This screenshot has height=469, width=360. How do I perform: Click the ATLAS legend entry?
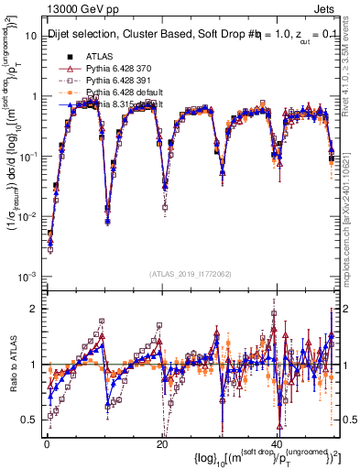(x=99, y=57)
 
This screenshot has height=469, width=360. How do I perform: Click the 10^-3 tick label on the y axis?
(x=28, y=276)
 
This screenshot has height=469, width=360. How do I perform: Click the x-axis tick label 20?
(x=161, y=443)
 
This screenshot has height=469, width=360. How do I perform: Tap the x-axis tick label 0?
(x=47, y=443)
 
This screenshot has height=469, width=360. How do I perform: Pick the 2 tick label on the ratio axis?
(x=34, y=308)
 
